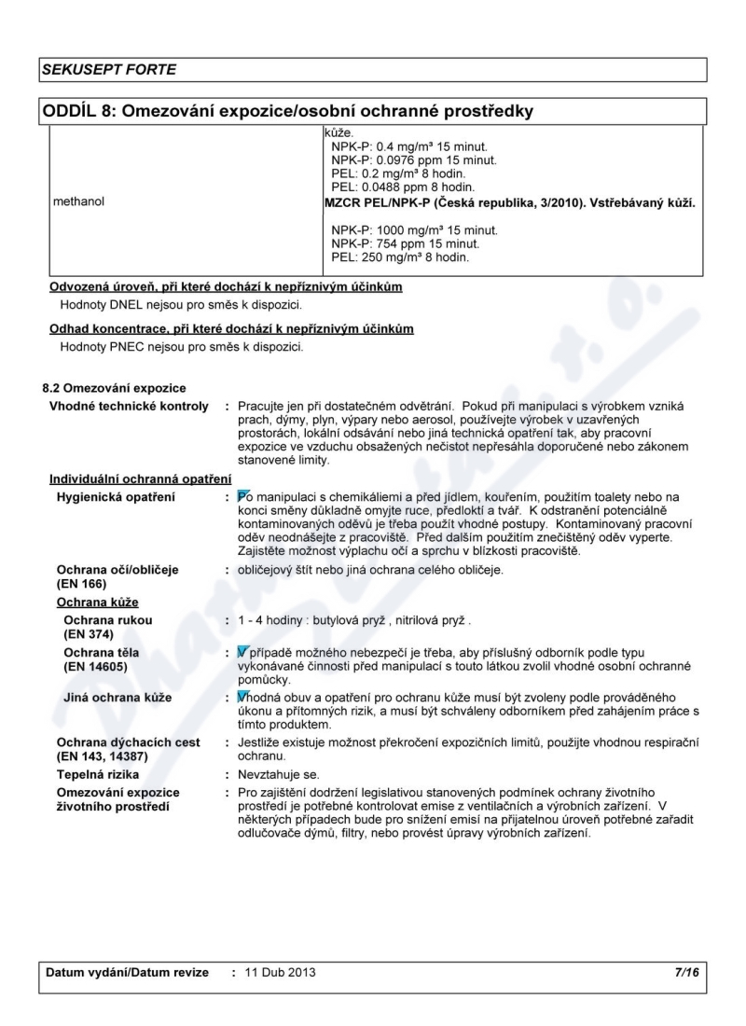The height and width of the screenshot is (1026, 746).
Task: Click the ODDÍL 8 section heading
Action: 287,113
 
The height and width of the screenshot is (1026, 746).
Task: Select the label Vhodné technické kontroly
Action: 128,406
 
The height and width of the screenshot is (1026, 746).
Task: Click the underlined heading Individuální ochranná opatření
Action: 141,478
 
